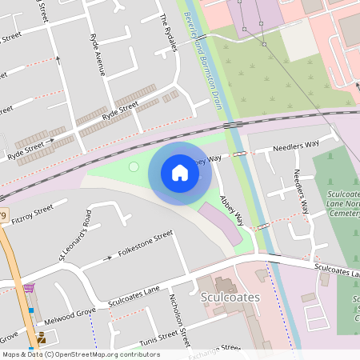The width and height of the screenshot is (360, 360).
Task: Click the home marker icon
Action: click(180, 173)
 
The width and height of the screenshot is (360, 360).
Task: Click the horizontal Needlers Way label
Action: click(295, 145)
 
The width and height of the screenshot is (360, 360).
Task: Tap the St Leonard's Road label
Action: click(75, 235)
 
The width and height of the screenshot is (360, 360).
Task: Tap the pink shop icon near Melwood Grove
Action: click(30, 288)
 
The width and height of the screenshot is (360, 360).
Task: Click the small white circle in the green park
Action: click(134, 167)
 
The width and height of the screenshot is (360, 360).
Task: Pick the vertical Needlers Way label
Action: click(301, 192)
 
